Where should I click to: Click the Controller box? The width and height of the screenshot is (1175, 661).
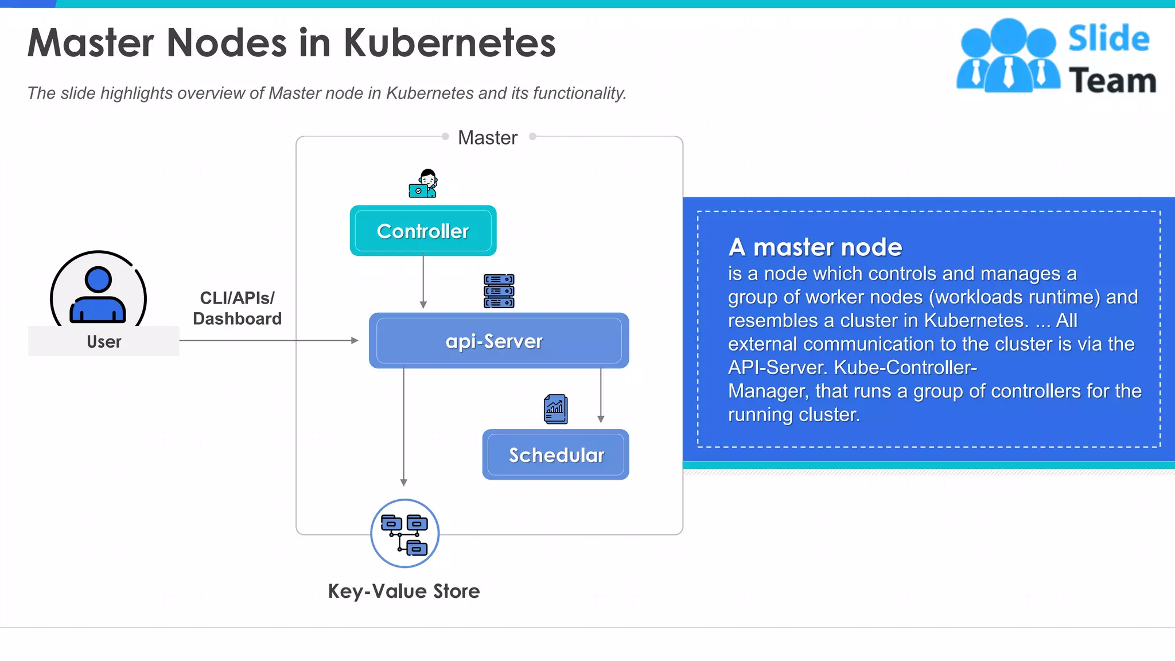pyautogui.click(x=423, y=231)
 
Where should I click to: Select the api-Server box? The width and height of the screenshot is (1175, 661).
pyautogui.click(x=499, y=341)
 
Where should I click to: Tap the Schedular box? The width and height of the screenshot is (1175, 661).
pyautogui.click(x=555, y=454)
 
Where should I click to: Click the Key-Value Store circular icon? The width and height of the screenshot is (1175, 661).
pyautogui.click(x=404, y=533)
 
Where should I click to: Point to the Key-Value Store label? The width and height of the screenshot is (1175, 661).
pyautogui.click(x=403, y=591)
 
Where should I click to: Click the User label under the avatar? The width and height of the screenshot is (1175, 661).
pyautogui.click(x=104, y=341)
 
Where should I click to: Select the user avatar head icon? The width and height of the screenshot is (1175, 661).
pyautogui.click(x=98, y=279)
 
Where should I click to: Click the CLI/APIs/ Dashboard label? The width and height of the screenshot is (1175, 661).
pyautogui.click(x=237, y=308)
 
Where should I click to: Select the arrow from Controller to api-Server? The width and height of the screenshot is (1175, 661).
pyautogui.click(x=423, y=281)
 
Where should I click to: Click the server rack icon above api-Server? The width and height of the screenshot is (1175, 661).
pyautogui.click(x=499, y=291)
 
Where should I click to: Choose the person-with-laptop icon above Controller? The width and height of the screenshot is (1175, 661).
pyautogui.click(x=423, y=184)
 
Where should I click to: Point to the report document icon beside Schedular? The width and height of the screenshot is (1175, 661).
pyautogui.click(x=555, y=409)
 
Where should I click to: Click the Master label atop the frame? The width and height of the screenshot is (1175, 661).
pyautogui.click(x=488, y=138)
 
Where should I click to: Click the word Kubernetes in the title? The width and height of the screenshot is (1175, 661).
pyautogui.click(x=450, y=43)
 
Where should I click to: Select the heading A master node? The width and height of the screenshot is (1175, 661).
pyautogui.click(x=815, y=247)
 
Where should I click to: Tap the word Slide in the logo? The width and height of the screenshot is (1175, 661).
pyautogui.click(x=1108, y=39)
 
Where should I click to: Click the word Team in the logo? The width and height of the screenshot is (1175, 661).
pyautogui.click(x=1112, y=80)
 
